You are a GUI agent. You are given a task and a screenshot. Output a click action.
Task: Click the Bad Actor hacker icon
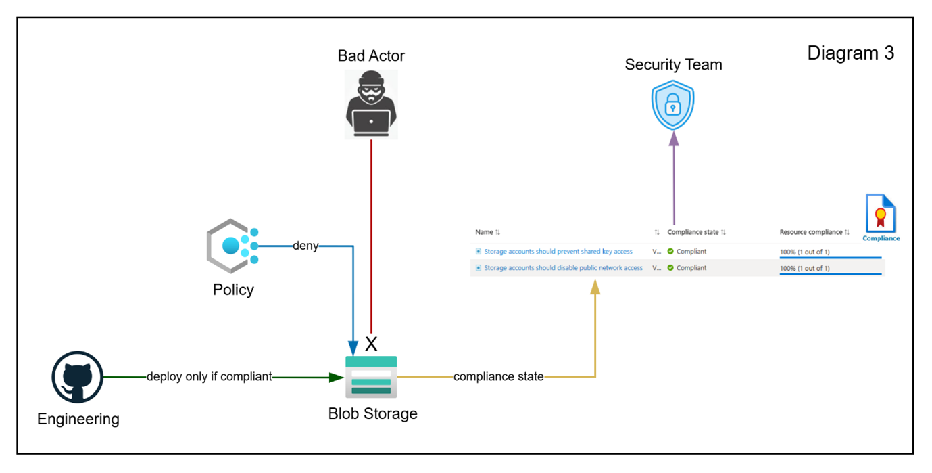(x=371, y=105)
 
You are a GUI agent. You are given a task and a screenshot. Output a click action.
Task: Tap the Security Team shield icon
(x=672, y=105)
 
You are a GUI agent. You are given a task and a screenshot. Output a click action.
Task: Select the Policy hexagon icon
(x=232, y=246)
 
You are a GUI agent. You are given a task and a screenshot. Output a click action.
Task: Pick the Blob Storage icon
(x=371, y=377)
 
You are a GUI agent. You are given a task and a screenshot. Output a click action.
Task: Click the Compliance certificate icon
(x=881, y=215)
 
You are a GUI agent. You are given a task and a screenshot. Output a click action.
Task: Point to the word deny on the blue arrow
(x=305, y=246)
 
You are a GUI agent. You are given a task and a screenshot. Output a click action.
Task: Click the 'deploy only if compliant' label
(x=209, y=377)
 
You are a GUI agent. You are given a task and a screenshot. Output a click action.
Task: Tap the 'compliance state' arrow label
(x=499, y=377)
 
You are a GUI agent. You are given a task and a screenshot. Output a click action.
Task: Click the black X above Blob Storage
(x=371, y=344)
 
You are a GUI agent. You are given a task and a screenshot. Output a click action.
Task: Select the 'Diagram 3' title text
(x=850, y=53)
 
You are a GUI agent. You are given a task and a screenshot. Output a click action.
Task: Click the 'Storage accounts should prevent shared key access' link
(x=558, y=252)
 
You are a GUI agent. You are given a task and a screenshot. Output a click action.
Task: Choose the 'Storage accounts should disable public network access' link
(x=563, y=268)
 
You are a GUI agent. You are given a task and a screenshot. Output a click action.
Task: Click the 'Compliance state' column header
(x=693, y=232)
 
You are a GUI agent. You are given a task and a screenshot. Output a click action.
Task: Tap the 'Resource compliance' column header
(x=811, y=232)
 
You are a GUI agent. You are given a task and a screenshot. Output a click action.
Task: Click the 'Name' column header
(x=484, y=232)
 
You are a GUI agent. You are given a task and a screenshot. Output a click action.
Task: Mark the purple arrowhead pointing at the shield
(x=673, y=139)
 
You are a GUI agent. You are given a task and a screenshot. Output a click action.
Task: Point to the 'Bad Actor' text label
(x=371, y=55)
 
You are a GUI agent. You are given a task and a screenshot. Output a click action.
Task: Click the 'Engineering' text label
(x=78, y=419)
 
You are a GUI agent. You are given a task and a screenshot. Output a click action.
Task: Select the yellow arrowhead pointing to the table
(x=595, y=287)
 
